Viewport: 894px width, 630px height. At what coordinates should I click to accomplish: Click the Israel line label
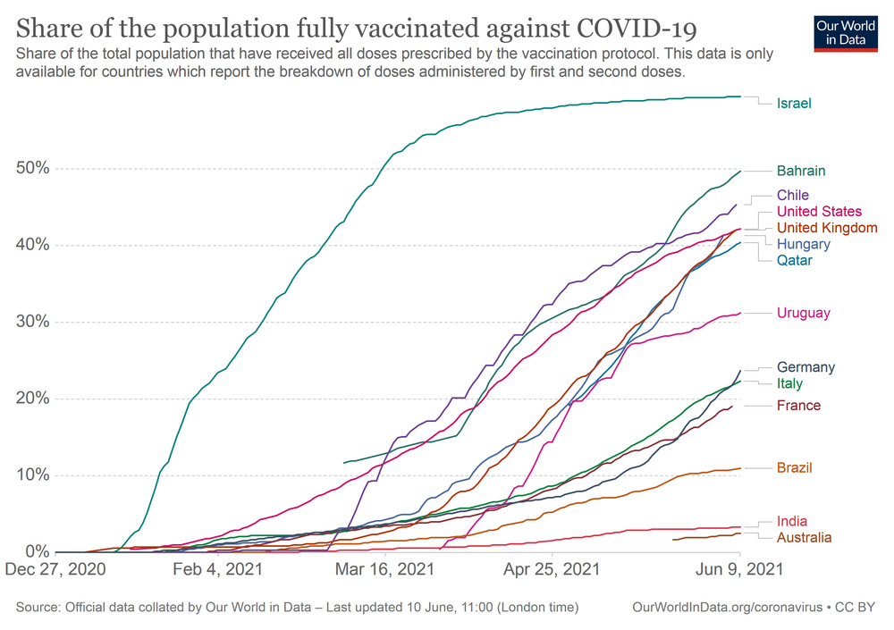click(x=794, y=104)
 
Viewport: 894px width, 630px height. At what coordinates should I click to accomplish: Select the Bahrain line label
click(x=800, y=171)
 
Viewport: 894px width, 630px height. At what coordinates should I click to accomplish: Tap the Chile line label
click(x=793, y=195)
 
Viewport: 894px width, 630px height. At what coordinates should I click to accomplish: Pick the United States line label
click(x=819, y=212)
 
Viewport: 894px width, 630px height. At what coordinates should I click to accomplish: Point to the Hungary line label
click(x=803, y=244)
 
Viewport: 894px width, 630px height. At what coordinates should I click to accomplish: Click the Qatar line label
click(x=795, y=261)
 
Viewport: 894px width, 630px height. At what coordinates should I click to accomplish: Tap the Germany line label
click(x=805, y=367)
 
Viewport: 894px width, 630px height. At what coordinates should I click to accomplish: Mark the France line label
click(x=798, y=406)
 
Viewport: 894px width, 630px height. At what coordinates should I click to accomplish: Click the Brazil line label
click(x=795, y=467)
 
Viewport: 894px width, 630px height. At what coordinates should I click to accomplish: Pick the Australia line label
click(x=804, y=538)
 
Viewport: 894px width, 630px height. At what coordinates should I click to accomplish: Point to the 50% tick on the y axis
click(x=32, y=169)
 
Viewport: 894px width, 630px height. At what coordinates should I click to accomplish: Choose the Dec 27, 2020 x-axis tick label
click(x=57, y=570)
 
